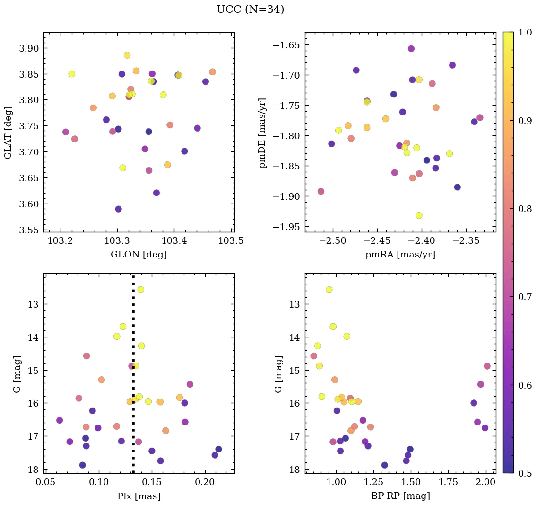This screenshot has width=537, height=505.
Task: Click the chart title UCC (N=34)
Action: click(250, 9)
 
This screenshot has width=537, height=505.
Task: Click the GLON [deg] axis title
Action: click(139, 255)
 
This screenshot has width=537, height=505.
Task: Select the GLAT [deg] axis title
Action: click(8, 132)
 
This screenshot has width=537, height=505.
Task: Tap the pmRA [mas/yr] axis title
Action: click(400, 255)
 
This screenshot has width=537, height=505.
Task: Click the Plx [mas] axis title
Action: click(139, 496)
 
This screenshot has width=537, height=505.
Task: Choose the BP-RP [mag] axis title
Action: click(400, 496)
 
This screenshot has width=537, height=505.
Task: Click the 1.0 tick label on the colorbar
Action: click(525, 33)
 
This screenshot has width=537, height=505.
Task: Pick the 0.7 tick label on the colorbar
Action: click(525, 297)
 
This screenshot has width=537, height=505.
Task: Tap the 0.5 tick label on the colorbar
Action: click(525, 473)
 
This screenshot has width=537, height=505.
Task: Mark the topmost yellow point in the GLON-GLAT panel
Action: click(127, 55)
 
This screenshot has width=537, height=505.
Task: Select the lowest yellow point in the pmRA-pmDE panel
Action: click(419, 215)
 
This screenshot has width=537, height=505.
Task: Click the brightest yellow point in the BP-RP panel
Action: click(329, 290)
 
